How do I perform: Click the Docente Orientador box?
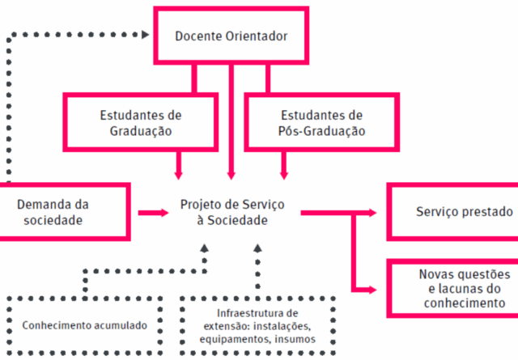click(x=231, y=36)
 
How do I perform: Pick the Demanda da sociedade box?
click(x=63, y=212)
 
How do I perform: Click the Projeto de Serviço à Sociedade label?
click(x=232, y=212)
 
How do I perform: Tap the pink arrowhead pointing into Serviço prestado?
click(x=373, y=212)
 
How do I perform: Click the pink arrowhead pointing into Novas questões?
click(x=373, y=288)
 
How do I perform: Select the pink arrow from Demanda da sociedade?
click(x=153, y=213)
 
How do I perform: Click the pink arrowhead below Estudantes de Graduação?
click(x=179, y=172)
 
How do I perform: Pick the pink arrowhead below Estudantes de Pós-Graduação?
click(x=283, y=172)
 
